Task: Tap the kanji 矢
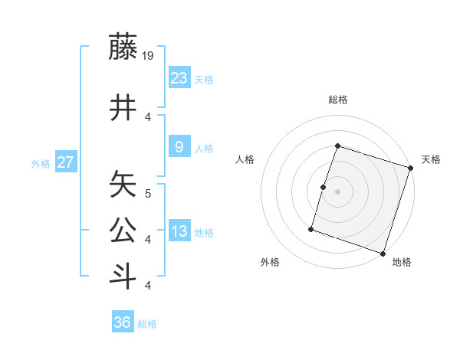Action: tap(123, 185)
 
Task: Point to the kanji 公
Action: tap(123, 231)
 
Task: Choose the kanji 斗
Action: tap(123, 277)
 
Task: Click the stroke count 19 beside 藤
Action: tap(148, 55)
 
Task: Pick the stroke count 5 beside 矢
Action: tap(148, 193)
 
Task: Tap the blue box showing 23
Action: tap(179, 77)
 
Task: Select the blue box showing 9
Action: tap(179, 146)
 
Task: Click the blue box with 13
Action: tap(179, 231)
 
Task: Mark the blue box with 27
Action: tap(65, 162)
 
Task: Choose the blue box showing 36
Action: tap(123, 322)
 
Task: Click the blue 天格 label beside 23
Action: tap(204, 80)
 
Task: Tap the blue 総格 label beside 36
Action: tap(147, 325)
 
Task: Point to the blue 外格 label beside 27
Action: tap(40, 164)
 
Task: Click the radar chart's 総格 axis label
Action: tap(337, 100)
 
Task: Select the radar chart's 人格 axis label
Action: tap(245, 159)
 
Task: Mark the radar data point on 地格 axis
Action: tap(383, 253)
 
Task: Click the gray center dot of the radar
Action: tap(337, 191)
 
